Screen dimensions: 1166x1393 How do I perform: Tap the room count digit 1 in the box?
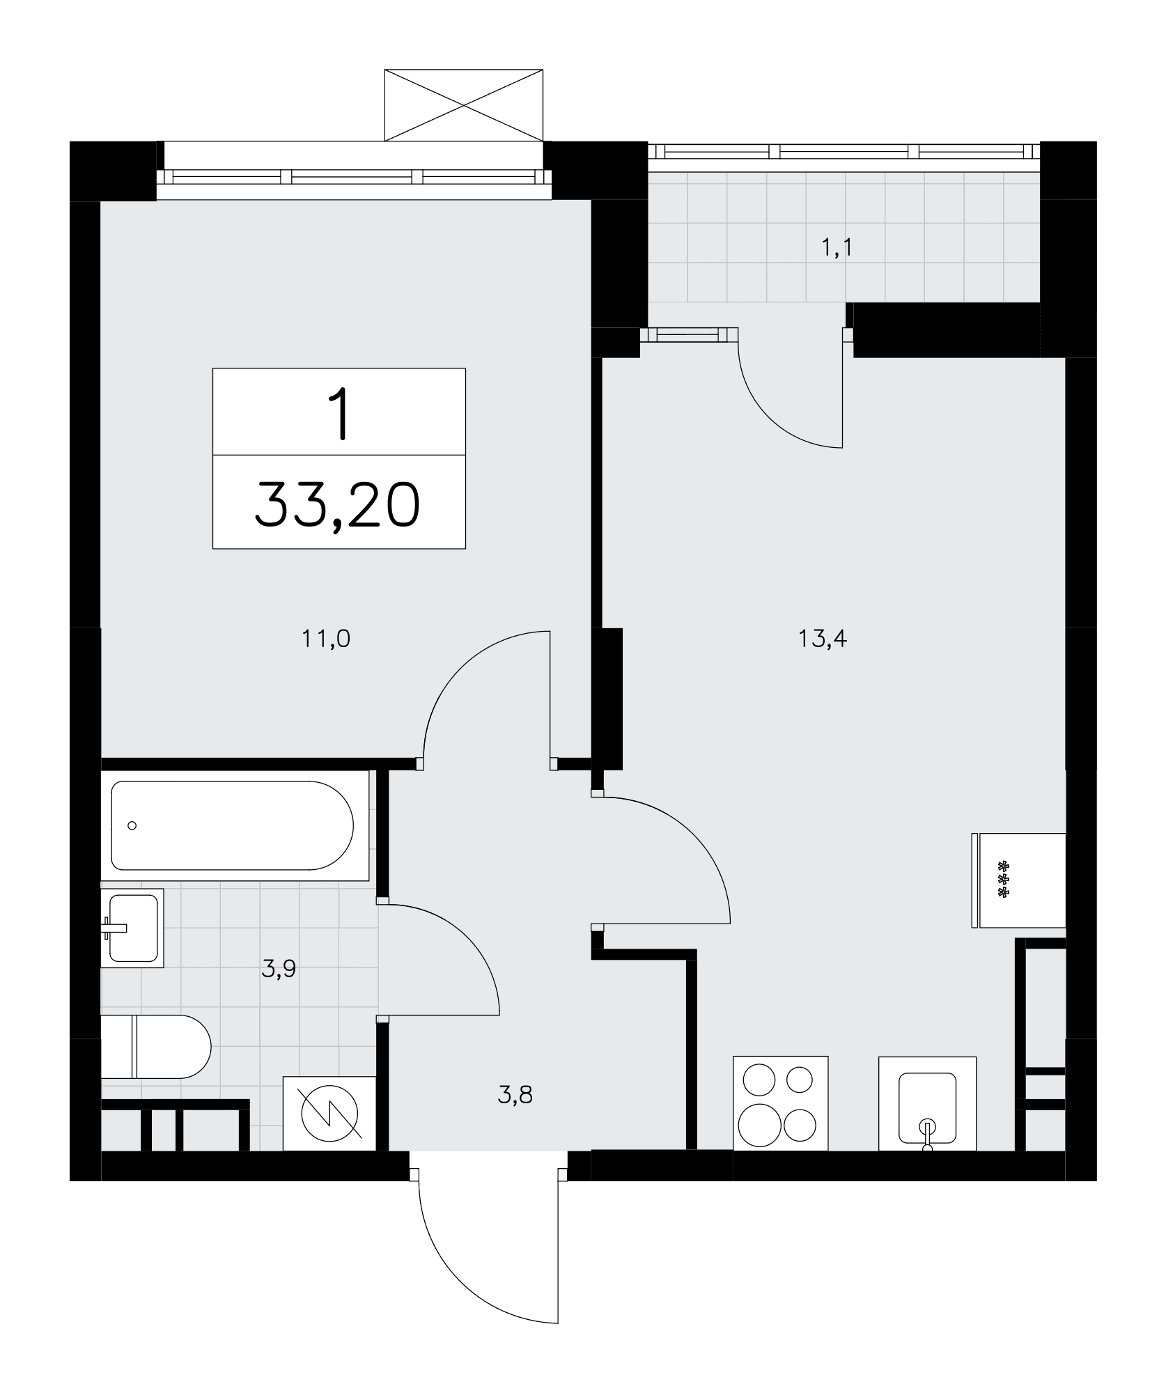pos(339,414)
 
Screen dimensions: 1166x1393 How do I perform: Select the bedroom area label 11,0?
pos(326,638)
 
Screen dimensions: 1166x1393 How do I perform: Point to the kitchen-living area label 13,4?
pos(823,638)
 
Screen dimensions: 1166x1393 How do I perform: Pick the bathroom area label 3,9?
pos(279,968)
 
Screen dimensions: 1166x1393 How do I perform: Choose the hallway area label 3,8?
pos(515,1096)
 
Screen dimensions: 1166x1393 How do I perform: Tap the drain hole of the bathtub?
pos(132,826)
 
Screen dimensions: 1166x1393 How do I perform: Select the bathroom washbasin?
pos(132,928)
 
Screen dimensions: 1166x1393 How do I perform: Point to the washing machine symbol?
pos(329,1113)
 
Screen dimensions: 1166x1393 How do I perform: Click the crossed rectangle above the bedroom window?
pos(464,105)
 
